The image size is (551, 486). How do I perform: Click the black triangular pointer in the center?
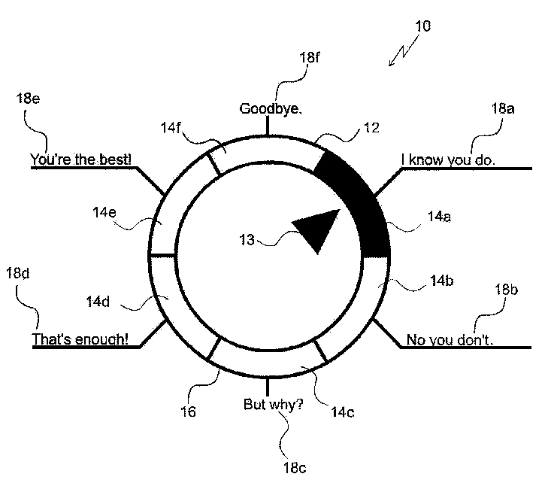319,229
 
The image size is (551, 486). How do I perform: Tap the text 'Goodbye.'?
270,108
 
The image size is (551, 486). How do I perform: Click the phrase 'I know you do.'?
448,160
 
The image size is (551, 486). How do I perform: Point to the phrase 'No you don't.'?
450,340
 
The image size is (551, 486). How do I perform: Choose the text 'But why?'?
273,405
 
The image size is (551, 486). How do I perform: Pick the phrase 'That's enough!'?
80,339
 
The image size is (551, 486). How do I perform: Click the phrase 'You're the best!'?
81,159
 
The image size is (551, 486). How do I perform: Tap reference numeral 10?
422,26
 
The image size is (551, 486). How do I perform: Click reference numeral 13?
247,240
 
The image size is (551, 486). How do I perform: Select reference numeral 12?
371,128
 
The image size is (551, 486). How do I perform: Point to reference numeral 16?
188,412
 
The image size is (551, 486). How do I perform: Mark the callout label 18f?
309,57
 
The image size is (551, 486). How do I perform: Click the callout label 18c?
295,468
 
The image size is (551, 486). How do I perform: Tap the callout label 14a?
439,217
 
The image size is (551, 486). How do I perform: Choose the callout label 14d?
98,302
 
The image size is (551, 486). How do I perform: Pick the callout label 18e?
28,98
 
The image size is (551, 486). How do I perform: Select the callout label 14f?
171,127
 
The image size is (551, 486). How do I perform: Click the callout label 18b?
506,290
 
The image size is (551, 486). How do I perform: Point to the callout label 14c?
343,412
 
